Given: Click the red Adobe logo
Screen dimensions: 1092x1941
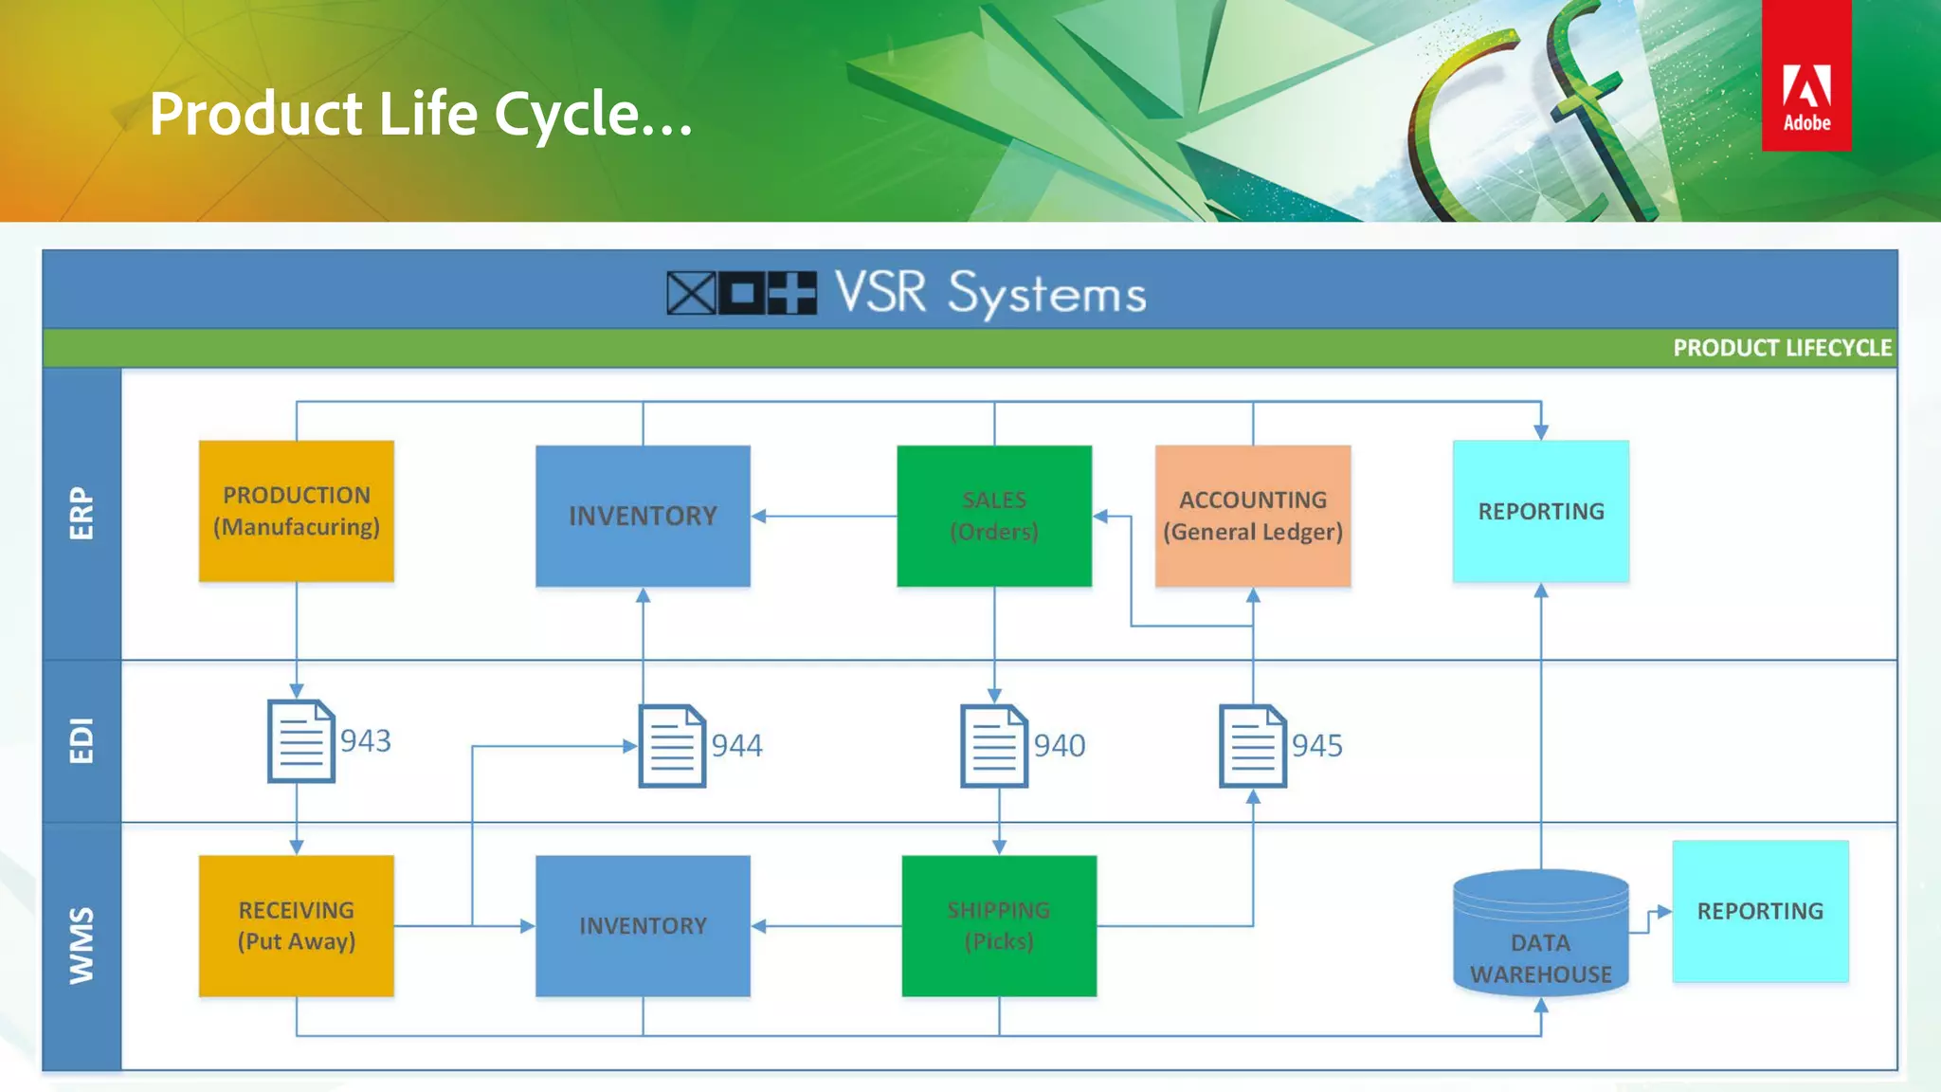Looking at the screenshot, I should click(x=1806, y=76).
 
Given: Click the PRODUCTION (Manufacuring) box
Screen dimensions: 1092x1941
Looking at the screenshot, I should click(x=297, y=511).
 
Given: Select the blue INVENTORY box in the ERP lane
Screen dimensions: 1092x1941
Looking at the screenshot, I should click(x=643, y=516).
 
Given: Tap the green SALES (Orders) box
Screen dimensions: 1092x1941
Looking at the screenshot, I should click(x=994, y=516).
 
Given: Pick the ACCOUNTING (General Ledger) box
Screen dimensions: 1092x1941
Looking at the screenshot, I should click(x=1253, y=516).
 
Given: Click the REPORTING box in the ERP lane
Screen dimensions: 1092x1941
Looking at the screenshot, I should click(x=1541, y=511).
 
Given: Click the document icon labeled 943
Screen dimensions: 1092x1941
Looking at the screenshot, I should click(x=301, y=741).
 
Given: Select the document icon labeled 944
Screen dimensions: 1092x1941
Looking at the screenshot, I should click(x=672, y=746).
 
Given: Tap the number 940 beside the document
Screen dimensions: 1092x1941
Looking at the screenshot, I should click(x=1060, y=746).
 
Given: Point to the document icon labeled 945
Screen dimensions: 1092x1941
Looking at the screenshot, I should click(x=1253, y=746).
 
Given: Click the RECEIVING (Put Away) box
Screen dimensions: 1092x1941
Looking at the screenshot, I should click(x=297, y=926).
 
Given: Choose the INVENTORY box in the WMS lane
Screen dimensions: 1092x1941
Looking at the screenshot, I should click(x=643, y=926).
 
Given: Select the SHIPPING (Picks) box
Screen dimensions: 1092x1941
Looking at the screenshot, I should click(x=999, y=926).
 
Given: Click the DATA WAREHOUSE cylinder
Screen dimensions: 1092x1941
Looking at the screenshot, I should click(x=1541, y=934).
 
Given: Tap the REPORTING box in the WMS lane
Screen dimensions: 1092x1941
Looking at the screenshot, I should click(x=1760, y=911).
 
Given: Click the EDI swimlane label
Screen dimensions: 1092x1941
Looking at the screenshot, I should click(x=82, y=740).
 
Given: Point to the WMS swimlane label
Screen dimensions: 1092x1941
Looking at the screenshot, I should click(x=82, y=945).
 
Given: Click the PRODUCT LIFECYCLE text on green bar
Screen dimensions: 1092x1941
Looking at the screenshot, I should click(x=1782, y=348).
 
